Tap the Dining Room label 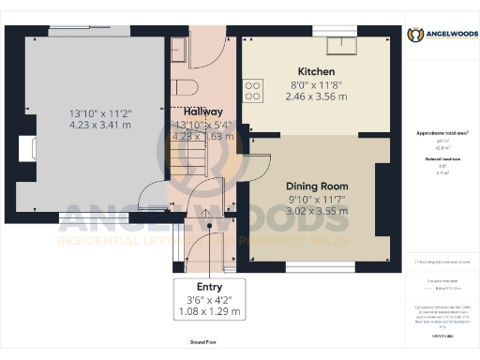(317, 186)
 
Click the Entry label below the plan (209, 287)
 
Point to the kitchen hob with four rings (253, 90)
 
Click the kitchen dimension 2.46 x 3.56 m (316, 96)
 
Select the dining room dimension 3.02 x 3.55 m (317, 211)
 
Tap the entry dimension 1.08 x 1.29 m (209, 312)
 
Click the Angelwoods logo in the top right (442, 35)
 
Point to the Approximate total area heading (442, 133)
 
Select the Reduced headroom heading (442, 160)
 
